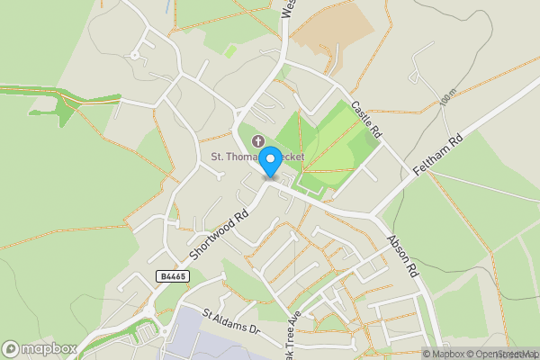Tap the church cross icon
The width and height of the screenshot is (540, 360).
(259, 141)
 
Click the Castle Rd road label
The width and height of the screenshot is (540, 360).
(367, 119)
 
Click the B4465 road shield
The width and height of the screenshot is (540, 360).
(171, 276)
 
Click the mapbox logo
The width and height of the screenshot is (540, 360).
(40, 348)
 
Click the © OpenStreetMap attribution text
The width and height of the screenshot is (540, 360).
(502, 354)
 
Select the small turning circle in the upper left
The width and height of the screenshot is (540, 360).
(134, 54)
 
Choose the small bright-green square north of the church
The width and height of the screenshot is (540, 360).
(230, 51)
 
